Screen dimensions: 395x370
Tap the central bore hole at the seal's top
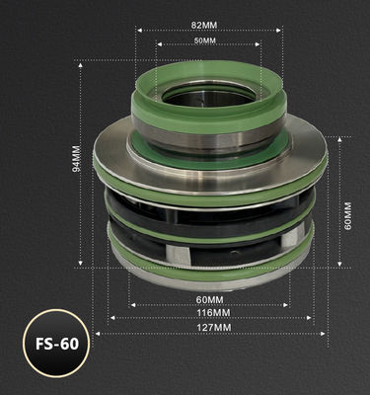204,96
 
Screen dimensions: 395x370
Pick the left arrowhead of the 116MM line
111,317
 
